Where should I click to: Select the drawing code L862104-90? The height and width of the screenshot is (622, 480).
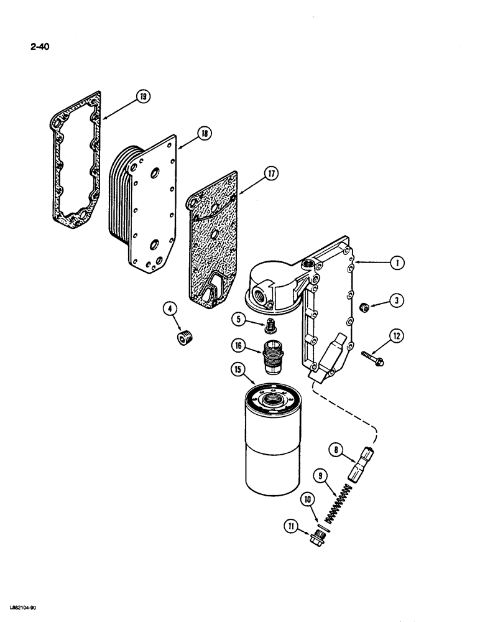coord(22,607)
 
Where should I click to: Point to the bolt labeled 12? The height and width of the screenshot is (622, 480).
coord(372,355)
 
